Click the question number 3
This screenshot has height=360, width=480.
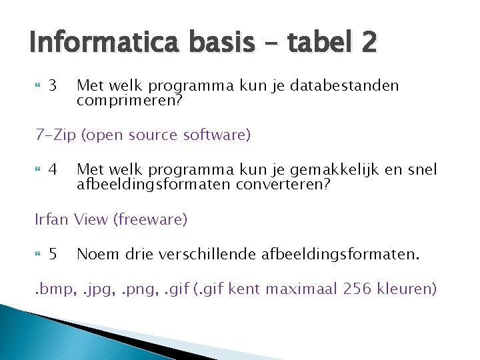[x=54, y=86]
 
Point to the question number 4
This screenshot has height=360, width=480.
[x=54, y=170]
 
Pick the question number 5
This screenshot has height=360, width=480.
[x=54, y=254]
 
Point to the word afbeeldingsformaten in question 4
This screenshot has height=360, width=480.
[x=154, y=183]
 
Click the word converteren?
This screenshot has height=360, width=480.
[x=283, y=183]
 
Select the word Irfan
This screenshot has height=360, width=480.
[x=52, y=219]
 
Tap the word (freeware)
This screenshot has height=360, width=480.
[x=152, y=219]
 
